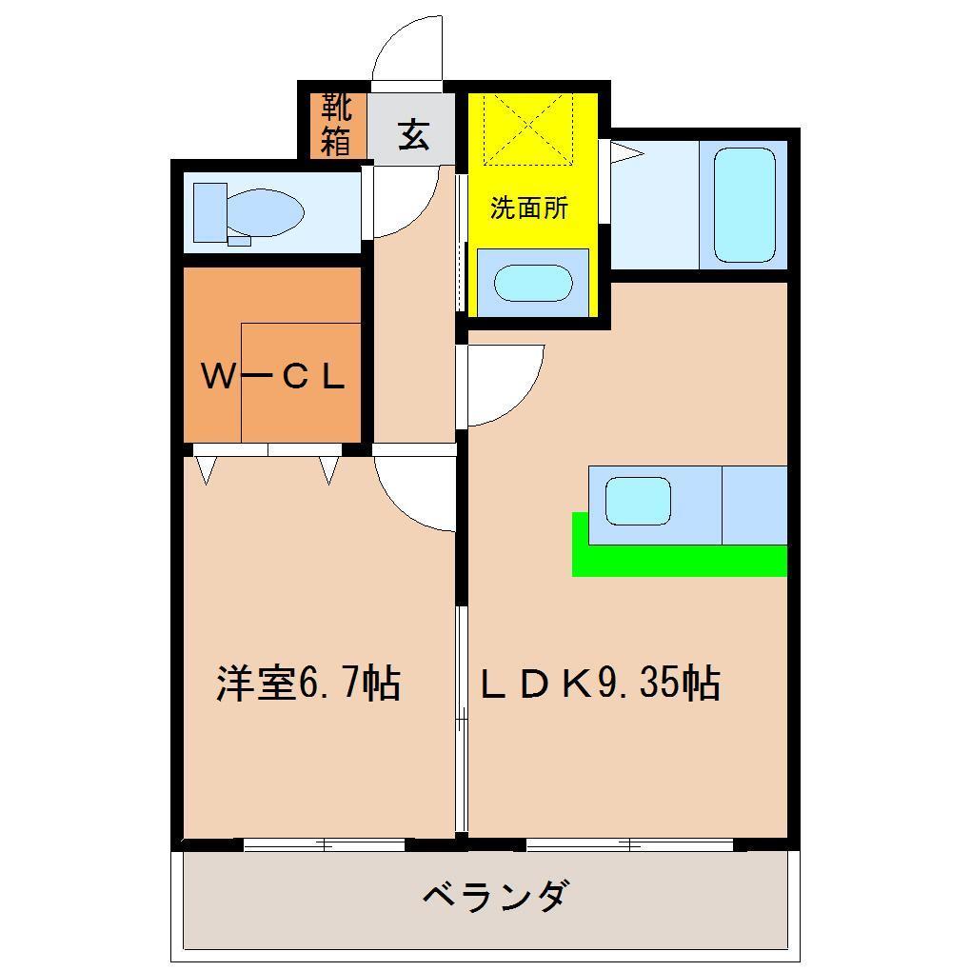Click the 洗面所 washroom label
(x=529, y=208)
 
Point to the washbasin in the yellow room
(x=533, y=283)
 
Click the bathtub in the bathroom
(x=743, y=204)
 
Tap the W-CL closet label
(x=272, y=378)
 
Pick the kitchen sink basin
(x=638, y=502)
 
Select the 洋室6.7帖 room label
(x=307, y=684)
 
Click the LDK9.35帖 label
(x=599, y=684)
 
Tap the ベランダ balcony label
(x=495, y=897)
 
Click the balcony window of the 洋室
(x=324, y=843)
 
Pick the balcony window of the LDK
(x=629, y=843)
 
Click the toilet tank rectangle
(x=210, y=211)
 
